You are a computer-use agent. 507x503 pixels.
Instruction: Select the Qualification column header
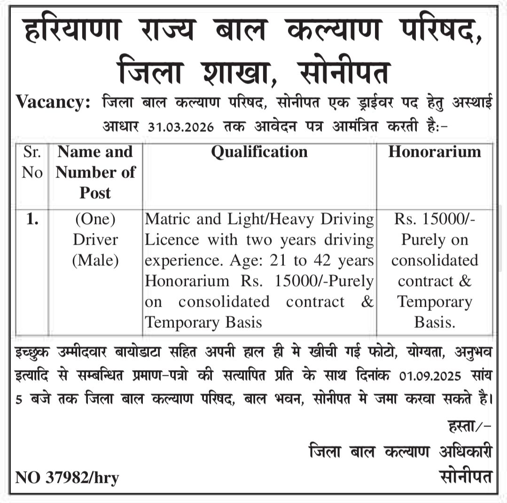tap(259, 152)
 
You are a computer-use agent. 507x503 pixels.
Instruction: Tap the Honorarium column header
tap(435, 152)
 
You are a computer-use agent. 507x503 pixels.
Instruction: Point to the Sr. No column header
tap(32, 162)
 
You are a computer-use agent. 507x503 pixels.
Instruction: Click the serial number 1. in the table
tap(32, 219)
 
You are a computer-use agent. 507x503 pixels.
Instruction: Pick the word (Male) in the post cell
tap(95, 260)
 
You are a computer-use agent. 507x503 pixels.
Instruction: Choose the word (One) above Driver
tap(95, 219)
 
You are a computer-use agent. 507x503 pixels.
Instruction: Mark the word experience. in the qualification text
tap(178, 261)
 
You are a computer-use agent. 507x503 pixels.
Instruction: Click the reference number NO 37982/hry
tap(67, 478)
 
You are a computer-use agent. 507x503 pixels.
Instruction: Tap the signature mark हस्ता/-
tap(470, 427)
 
